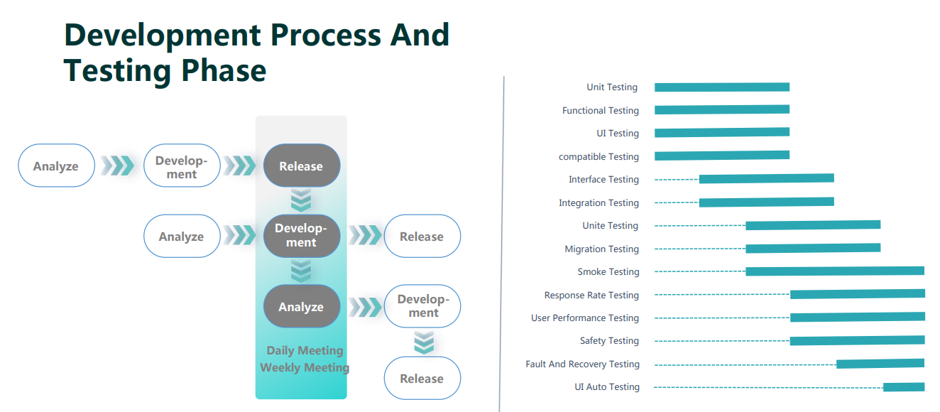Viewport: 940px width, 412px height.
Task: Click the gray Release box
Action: click(301, 166)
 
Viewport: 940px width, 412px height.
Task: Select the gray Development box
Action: click(301, 236)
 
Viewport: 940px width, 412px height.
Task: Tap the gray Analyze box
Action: click(301, 306)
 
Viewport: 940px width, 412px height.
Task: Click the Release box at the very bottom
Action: click(422, 378)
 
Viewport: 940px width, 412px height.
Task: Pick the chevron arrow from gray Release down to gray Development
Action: click(301, 201)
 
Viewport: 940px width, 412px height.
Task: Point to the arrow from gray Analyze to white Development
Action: click(365, 307)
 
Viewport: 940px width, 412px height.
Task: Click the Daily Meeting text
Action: click(305, 350)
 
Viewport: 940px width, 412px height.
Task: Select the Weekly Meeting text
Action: click(305, 367)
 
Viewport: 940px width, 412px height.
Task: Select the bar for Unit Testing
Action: click(721, 87)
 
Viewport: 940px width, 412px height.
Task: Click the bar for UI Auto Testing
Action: click(903, 387)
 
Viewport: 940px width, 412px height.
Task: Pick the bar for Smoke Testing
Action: click(834, 271)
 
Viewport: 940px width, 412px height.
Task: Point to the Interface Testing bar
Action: click(766, 179)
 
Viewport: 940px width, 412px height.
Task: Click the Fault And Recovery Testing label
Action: click(582, 364)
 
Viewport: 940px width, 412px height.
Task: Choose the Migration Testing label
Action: click(601, 249)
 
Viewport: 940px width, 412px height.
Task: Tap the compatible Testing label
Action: click(599, 157)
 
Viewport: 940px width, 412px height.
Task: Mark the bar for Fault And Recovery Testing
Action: click(880, 364)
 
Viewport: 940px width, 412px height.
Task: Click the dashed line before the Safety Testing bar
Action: click(721, 341)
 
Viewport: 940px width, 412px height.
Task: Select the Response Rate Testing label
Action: click(591, 296)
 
